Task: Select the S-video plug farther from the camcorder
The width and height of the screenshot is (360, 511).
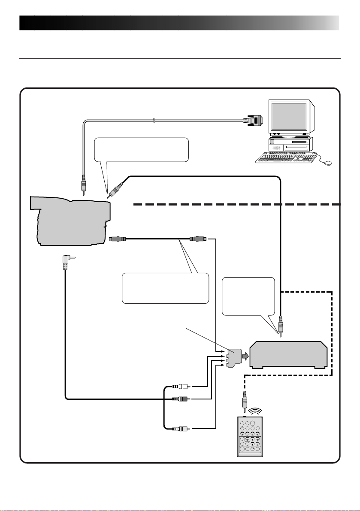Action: coord(198,238)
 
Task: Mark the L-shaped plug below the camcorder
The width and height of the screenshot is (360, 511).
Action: coord(65,260)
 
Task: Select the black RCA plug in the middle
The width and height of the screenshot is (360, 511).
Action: coord(178,398)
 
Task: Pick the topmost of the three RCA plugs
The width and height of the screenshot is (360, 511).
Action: coord(178,386)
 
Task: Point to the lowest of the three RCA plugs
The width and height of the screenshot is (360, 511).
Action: coord(178,428)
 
